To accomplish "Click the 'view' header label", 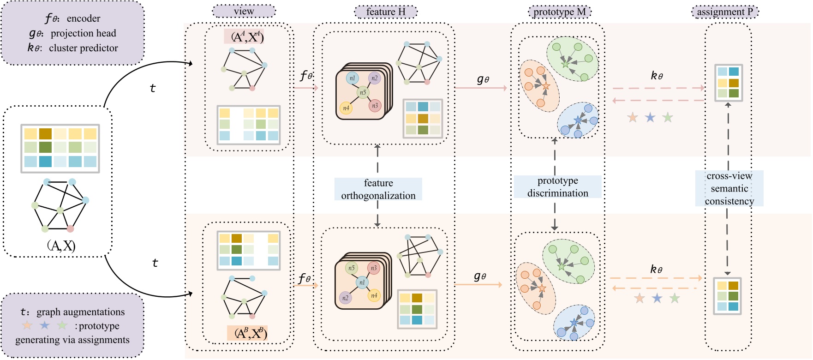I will pos(244,12).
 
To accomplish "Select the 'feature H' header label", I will pos(385,12).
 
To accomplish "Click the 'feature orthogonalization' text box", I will pos(378,189).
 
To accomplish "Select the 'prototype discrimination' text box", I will pos(557,187).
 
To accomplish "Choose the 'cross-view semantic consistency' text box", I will pos(729,188).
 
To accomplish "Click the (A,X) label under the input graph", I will pos(61,246).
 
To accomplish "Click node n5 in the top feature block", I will pos(363,92).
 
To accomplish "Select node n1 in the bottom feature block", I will pos(362,282).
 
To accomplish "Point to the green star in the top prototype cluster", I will pos(565,64).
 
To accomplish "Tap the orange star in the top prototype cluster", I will pos(546,86).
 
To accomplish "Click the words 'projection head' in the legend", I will pos(83,33).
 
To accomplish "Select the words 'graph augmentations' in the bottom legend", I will pos(80,312).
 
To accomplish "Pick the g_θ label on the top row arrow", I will pos(483,79).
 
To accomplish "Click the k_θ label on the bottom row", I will pos(656,269).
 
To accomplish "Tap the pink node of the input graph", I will pos(70,229).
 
